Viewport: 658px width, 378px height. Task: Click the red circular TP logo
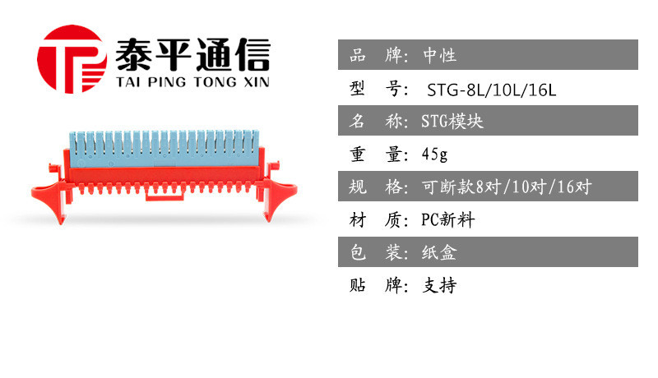click(x=72, y=59)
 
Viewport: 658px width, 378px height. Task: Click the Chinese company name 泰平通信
click(x=192, y=54)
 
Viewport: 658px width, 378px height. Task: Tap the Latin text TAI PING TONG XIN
click(x=192, y=81)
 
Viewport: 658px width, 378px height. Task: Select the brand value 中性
click(x=439, y=55)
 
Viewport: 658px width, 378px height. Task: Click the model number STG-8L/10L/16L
click(x=491, y=90)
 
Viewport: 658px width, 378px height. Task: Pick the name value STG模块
click(x=452, y=121)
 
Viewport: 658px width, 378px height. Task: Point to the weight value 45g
click(x=435, y=154)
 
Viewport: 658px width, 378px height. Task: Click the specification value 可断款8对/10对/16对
click(x=507, y=187)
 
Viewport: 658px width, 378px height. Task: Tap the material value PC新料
click(x=447, y=219)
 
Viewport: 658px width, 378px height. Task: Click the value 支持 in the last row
click(x=439, y=285)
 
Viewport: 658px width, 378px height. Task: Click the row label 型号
click(x=378, y=89)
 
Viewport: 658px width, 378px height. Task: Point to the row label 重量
click(x=378, y=154)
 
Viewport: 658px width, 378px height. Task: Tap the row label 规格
click(x=378, y=187)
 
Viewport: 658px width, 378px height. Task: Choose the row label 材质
click(x=378, y=219)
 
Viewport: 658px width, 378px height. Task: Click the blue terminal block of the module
click(x=164, y=149)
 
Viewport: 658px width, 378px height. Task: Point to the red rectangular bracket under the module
click(x=164, y=195)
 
